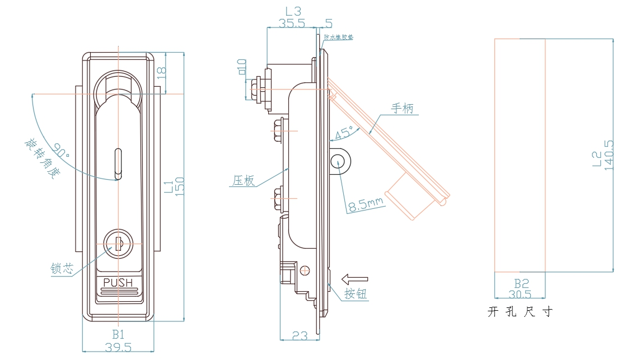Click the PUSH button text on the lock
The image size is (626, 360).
118,282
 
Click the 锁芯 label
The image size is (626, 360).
62,268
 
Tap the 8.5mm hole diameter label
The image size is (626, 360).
366,205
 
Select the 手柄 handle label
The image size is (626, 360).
402,109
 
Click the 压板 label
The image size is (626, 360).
244,180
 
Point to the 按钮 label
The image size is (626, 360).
356,294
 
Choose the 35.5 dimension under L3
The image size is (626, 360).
292,23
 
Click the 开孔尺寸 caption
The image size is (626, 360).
520,312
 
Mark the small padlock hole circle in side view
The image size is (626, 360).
338,161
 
